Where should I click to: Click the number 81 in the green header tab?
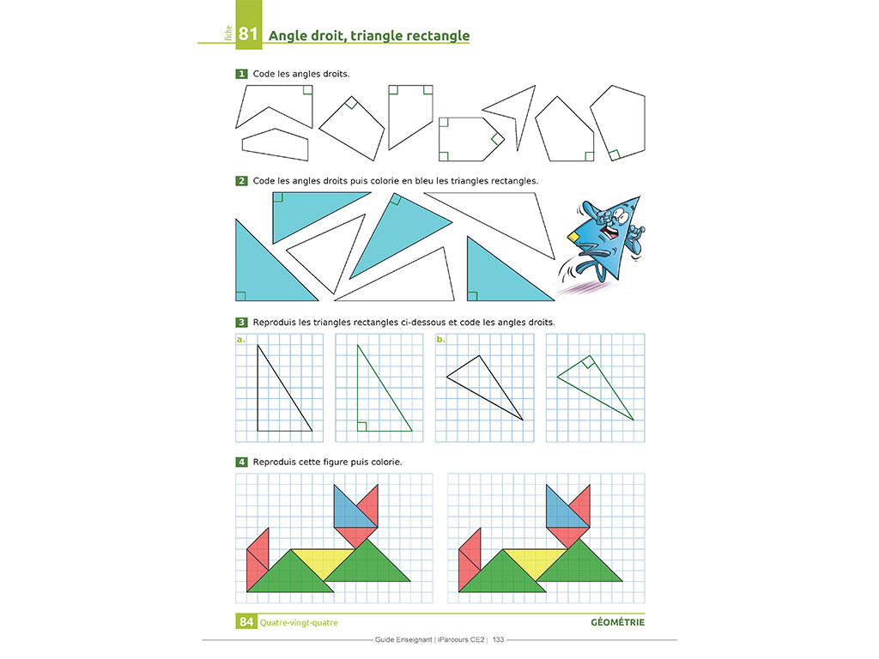[248, 33]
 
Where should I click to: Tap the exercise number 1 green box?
[241, 74]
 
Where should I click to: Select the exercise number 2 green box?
[241, 181]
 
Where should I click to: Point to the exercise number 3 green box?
[241, 323]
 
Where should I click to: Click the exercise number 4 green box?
[241, 462]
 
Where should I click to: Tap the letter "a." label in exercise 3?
[241, 340]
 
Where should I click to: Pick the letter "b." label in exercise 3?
[440, 340]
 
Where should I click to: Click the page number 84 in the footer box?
[246, 622]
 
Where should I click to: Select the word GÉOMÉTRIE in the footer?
[618, 622]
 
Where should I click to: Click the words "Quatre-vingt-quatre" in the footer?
[299, 623]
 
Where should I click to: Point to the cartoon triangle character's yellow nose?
[573, 237]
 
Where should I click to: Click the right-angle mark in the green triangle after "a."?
[362, 426]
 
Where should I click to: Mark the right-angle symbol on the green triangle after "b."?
[587, 363]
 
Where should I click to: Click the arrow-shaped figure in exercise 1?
[515, 112]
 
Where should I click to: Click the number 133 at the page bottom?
[499, 639]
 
